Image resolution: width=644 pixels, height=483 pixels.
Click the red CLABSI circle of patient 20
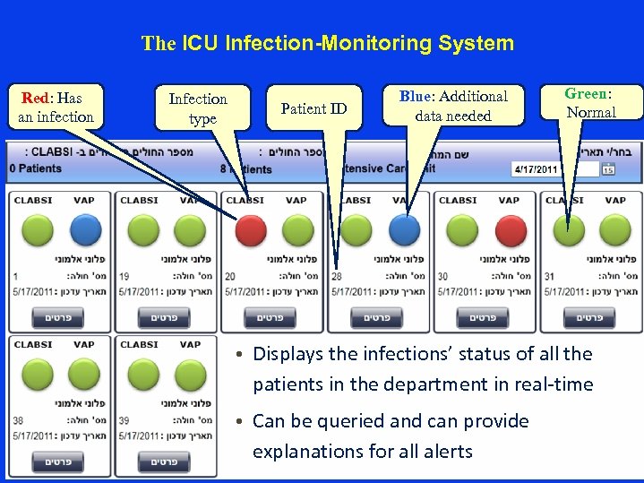click(250, 230)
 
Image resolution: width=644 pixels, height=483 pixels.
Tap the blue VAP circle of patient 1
click(85, 230)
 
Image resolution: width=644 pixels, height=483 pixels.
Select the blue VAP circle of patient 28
click(404, 230)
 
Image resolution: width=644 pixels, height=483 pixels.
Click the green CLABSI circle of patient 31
click(568, 230)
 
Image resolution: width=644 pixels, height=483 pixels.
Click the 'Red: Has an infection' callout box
click(56, 108)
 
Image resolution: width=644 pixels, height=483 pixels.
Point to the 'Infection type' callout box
click(198, 108)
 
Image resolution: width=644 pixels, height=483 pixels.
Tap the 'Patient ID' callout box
click(313, 108)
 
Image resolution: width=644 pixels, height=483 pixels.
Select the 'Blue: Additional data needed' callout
click(453, 106)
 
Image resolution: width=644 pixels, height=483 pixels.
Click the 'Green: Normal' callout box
click(590, 103)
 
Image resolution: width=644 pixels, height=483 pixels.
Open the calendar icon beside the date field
click(608, 168)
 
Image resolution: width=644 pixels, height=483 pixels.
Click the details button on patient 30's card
click(483, 317)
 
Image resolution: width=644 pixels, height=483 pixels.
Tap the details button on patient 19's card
click(164, 317)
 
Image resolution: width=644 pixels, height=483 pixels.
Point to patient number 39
click(125, 420)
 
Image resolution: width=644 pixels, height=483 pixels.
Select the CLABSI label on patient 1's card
click(33, 200)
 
